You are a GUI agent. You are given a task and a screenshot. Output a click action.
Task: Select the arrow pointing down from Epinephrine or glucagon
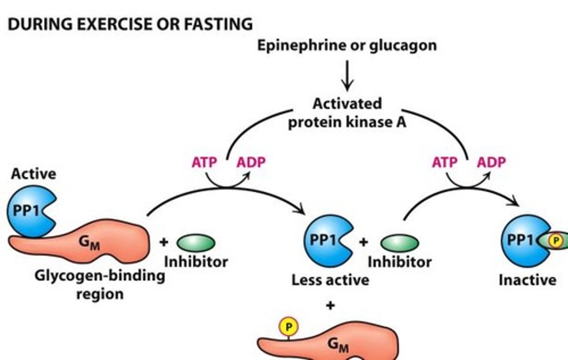coord(347,75)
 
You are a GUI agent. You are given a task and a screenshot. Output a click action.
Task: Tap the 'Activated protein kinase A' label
coord(347,113)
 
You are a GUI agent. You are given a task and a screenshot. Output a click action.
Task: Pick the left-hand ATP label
coord(204,162)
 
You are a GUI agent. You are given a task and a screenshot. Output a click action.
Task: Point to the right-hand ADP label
coord(491,162)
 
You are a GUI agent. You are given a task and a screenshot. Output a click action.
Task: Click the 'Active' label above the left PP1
coord(34,174)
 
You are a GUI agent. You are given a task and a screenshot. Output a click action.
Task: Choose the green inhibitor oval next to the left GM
coord(196,243)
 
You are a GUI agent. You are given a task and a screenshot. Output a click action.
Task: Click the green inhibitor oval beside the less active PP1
coord(399,243)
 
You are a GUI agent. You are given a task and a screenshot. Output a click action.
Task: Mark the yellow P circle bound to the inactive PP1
coord(556,240)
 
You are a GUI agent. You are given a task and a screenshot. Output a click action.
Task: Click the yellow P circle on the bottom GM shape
coord(288,327)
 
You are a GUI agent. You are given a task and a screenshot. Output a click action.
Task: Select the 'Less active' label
coord(330,280)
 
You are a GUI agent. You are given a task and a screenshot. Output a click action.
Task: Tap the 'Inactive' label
coord(527,280)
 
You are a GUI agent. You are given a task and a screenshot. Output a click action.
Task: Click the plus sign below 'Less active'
coord(331,305)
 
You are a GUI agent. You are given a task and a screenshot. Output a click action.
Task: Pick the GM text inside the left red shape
coord(89,242)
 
